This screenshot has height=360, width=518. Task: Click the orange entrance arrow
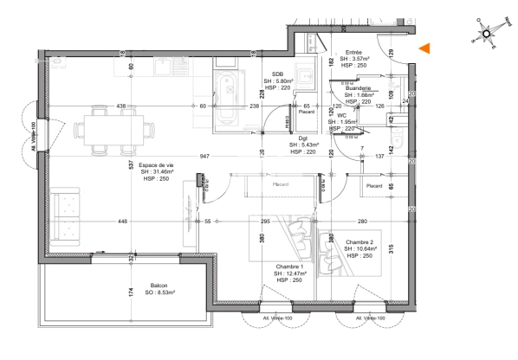point(424,50)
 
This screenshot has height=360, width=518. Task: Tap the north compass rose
point(486,35)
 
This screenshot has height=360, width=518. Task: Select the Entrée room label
point(353,52)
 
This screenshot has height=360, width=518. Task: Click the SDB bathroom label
point(278,74)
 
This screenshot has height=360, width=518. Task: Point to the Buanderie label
point(358,88)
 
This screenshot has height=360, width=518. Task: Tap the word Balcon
point(159,286)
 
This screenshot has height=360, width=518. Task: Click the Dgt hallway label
point(303,138)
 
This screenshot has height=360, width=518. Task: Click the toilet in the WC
point(398,138)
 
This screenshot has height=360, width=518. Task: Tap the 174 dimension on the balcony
point(132,292)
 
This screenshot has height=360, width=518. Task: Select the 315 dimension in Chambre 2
point(391,250)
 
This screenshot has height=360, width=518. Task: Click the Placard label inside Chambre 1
point(280,184)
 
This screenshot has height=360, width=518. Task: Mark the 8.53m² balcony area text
point(159,293)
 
